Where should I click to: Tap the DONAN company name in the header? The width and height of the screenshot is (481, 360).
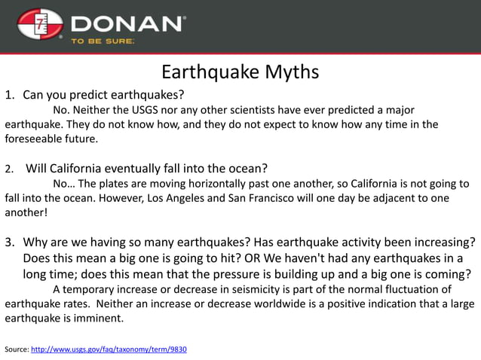point(127,23)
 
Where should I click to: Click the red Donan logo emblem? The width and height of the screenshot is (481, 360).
point(40,25)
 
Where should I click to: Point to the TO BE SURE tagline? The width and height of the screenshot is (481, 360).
point(103,41)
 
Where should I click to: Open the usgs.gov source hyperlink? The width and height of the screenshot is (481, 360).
point(109,349)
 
